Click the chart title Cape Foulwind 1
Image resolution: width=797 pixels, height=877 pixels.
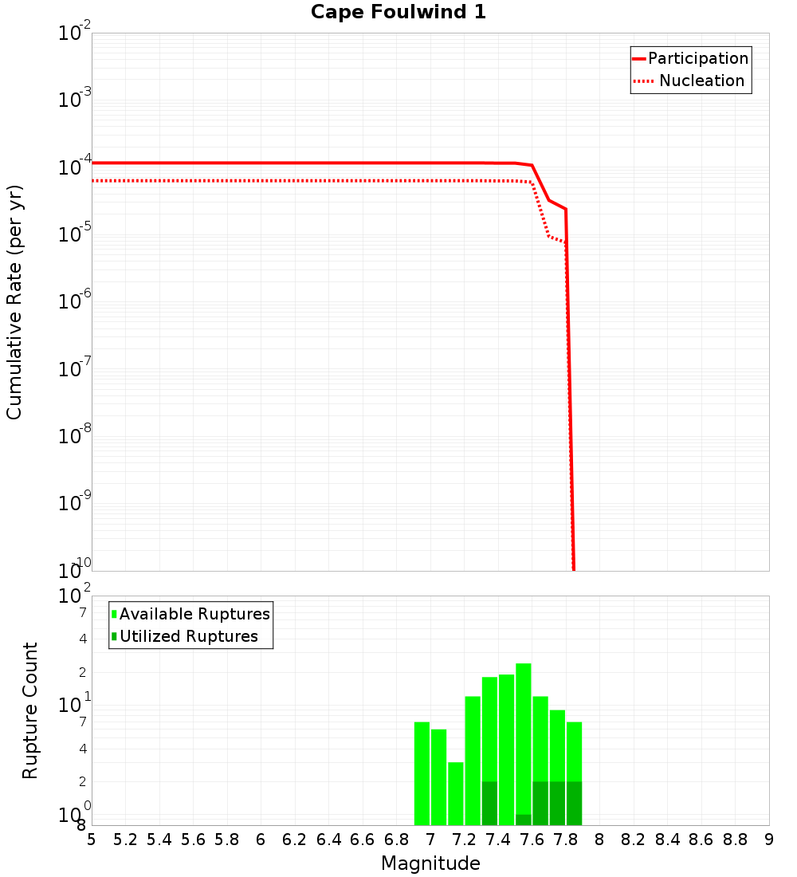click(x=398, y=13)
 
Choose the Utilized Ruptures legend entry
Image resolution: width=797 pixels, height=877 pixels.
click(x=188, y=636)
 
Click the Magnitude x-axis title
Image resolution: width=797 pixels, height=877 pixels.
click(x=430, y=863)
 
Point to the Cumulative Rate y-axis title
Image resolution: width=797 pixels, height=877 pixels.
click(x=14, y=302)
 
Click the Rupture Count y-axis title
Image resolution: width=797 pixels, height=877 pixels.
click(x=30, y=710)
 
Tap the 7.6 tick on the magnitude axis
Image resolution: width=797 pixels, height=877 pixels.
click(x=532, y=840)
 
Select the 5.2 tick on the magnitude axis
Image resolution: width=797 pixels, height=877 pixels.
click(x=126, y=840)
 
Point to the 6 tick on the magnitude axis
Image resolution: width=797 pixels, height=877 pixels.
click(x=261, y=840)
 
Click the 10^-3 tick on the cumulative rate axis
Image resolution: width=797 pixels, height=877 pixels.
click(x=75, y=100)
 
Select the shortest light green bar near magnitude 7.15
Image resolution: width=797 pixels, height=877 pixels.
click(x=456, y=793)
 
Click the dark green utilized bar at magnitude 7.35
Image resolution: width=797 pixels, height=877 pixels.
click(x=489, y=803)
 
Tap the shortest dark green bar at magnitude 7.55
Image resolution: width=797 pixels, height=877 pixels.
click(x=524, y=820)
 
